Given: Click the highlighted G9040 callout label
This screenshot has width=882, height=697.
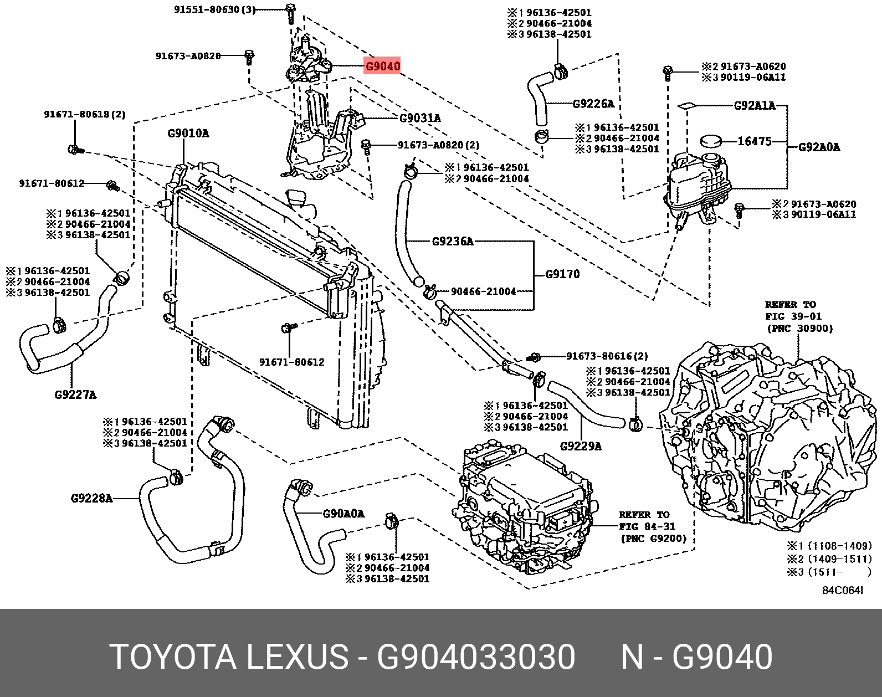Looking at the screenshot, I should (382, 66).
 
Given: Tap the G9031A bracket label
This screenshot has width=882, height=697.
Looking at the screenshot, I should (420, 118).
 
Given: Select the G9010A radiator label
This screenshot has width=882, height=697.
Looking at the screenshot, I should (188, 134).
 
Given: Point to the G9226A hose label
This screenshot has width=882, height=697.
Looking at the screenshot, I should (593, 104).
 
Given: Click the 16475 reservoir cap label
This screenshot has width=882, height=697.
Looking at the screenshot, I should (754, 141).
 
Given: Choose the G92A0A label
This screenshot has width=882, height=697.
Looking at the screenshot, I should (819, 147).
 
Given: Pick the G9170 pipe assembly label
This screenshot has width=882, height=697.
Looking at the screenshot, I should (562, 274).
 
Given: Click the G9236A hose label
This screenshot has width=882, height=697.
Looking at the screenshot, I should (453, 241).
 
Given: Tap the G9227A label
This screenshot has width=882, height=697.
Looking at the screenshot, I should (75, 394).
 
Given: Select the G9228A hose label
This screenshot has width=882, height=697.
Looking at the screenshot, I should (91, 498).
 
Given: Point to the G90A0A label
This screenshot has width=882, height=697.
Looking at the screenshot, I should (343, 514).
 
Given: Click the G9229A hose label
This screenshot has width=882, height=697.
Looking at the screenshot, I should (581, 446).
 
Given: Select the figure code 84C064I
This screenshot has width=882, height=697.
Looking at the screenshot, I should (842, 591).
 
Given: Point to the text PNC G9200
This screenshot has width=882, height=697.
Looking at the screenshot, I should (653, 538).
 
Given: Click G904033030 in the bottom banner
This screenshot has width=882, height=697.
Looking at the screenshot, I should (476, 658).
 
